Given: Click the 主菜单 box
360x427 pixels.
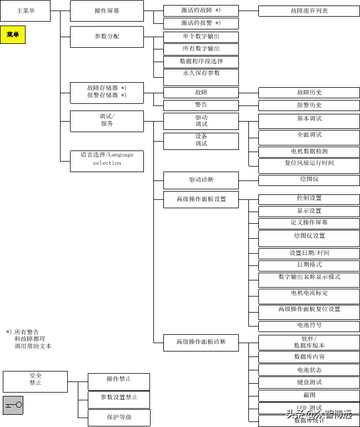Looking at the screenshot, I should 26,11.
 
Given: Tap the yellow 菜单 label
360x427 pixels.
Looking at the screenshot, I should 13,34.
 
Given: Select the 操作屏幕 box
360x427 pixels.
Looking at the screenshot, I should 107,11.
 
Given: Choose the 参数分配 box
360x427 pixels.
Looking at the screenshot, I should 107,37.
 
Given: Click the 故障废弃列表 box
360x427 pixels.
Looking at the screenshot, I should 309,11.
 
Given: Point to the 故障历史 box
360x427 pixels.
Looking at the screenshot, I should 309,92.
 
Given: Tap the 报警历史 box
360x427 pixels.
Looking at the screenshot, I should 309,105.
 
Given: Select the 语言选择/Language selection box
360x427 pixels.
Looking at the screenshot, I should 107,160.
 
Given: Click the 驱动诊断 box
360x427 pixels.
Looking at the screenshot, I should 201,180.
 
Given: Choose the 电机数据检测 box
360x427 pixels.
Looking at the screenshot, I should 309,151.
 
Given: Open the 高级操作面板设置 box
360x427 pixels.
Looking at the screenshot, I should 201,199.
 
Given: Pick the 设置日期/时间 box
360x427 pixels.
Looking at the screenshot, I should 309,253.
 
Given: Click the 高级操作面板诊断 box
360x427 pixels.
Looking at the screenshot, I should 201,342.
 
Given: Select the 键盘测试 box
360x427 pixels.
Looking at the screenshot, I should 309,382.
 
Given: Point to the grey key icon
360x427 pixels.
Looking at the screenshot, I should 13,405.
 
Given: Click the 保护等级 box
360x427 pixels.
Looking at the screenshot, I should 119,417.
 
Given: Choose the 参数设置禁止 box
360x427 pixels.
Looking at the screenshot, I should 119,399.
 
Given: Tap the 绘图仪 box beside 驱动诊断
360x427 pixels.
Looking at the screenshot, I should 309,180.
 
